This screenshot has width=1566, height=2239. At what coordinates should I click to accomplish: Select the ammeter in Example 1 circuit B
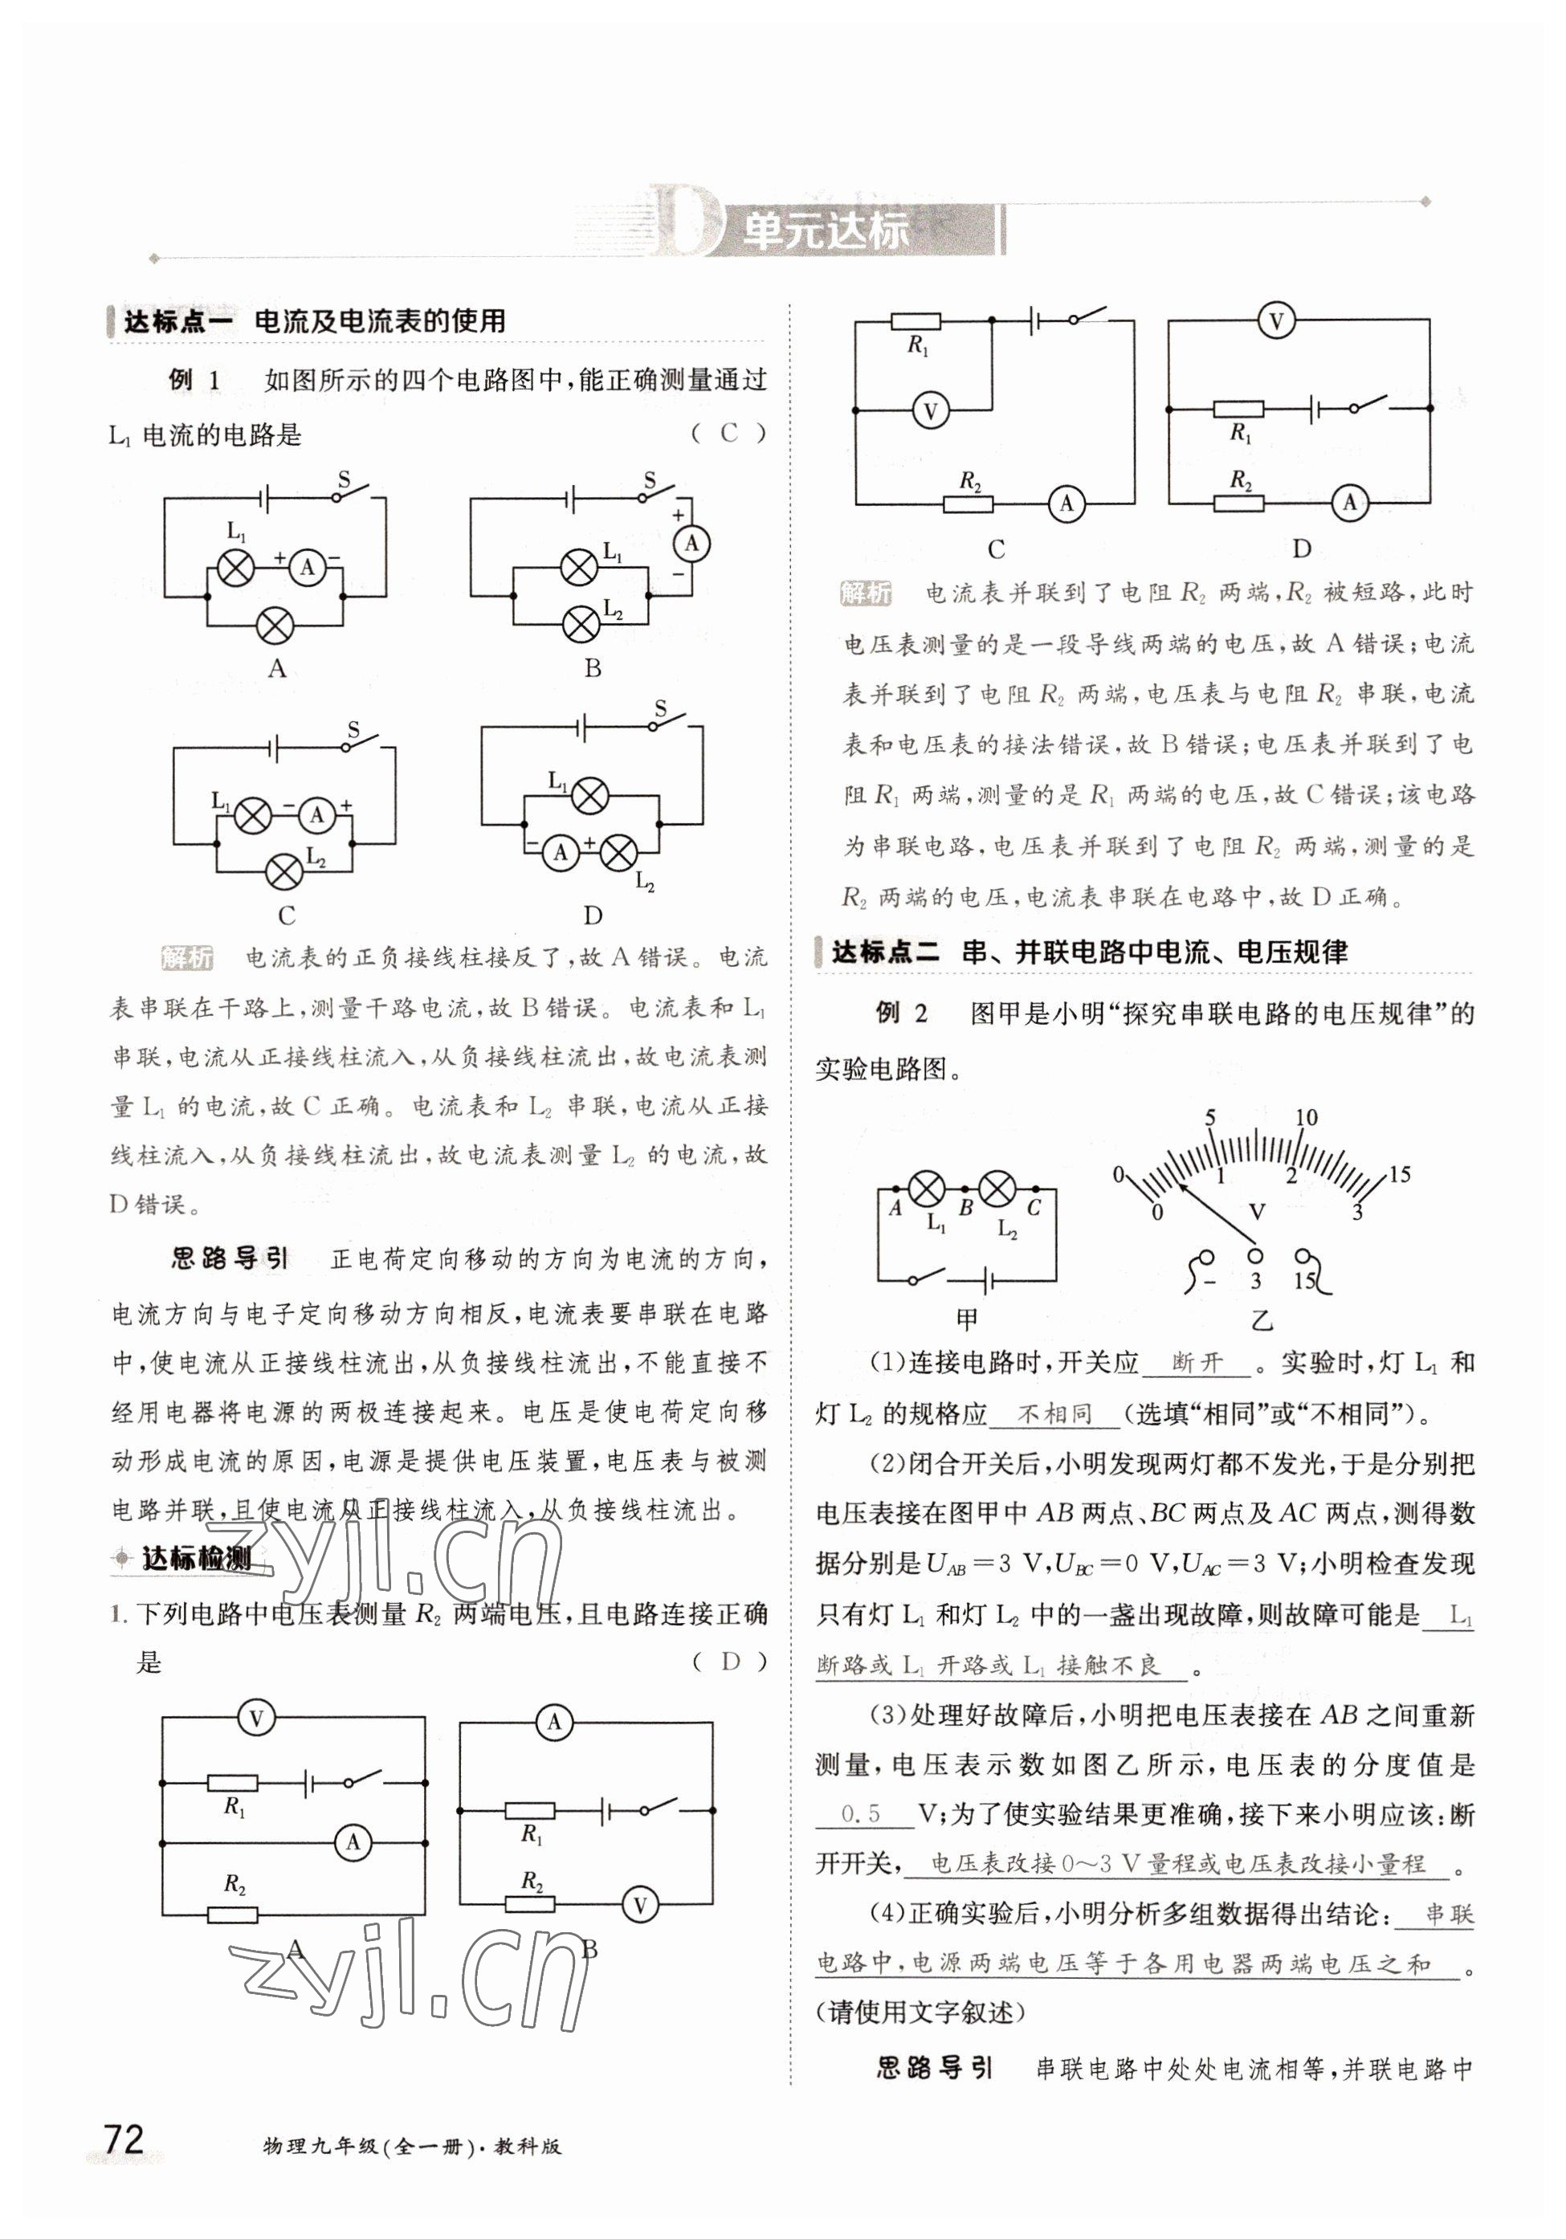pos(691,543)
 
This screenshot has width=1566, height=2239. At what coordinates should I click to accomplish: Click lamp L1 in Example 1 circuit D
pos(588,797)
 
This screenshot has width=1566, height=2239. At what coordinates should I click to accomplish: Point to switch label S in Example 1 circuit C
pos(353,729)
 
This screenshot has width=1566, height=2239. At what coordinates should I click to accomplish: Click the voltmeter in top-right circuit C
pos(930,411)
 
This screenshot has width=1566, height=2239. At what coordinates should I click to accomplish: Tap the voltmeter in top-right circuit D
pos(1275,321)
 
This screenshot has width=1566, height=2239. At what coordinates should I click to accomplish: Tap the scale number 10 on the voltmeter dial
pos(1306,1118)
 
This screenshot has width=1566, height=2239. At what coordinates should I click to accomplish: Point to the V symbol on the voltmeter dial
pos(1257,1212)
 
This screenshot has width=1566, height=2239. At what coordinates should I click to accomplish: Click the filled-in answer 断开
pos(1197,1362)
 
